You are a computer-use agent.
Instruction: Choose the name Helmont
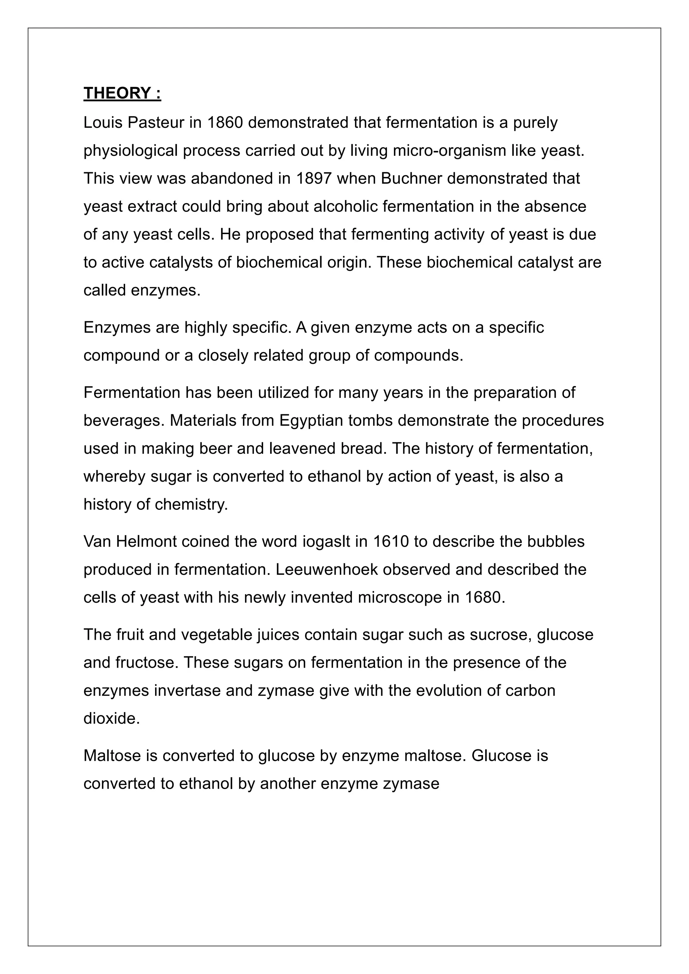point(146,542)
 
